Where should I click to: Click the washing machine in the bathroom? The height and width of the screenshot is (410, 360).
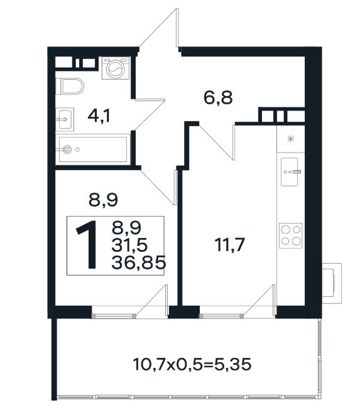pos(116,68)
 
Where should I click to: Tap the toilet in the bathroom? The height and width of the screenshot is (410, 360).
pos(70,86)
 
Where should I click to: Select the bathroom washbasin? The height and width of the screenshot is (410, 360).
pos(65,119)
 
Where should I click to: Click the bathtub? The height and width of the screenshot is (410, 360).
pos(92,149)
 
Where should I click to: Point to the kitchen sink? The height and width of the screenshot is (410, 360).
pos(290,171)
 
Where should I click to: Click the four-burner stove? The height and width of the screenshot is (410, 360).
pos(290,235)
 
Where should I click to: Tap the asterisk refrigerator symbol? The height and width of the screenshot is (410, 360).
pos(290,139)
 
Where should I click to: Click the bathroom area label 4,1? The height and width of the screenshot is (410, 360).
pos(99,116)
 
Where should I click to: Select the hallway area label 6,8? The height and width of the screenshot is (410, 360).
pos(218,98)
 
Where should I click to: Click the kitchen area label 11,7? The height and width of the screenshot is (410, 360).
pos(229,245)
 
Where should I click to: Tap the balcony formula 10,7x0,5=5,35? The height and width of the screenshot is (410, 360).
pos(192,364)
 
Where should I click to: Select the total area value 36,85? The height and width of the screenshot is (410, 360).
pos(139,262)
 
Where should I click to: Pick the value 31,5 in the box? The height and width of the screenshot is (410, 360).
pos(129,245)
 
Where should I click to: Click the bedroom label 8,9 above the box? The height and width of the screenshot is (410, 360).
pos(103,200)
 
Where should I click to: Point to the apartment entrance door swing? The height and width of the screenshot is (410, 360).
pos(160,30)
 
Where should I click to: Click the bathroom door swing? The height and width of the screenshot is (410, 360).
pos(150,114)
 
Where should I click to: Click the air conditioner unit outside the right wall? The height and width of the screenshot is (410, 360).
pos(332,283)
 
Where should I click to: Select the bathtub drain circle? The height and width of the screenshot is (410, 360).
pos(67,149)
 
